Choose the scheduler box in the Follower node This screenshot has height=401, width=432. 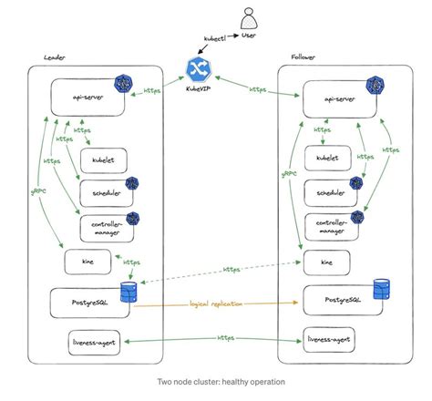click(331, 192)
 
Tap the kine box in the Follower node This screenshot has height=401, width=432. click(325, 262)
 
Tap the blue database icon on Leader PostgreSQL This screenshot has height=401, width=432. click(128, 293)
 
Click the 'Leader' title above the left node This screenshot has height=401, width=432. click(55, 57)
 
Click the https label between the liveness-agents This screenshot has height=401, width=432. click(225, 337)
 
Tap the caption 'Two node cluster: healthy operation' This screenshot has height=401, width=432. click(215, 381)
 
